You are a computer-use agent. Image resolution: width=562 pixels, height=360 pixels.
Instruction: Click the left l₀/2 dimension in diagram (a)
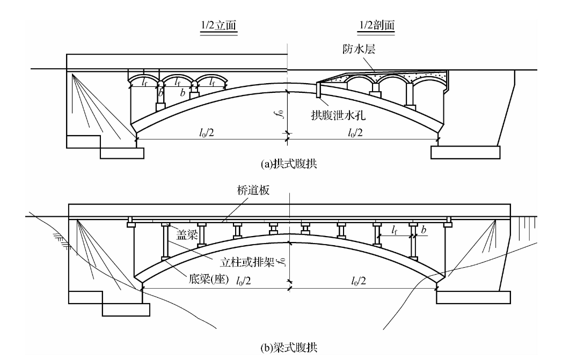tap(211, 132)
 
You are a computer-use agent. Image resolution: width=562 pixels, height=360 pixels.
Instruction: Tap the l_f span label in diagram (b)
tap(394, 231)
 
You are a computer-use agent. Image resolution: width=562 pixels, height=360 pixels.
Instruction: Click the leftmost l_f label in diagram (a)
tap(144, 83)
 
